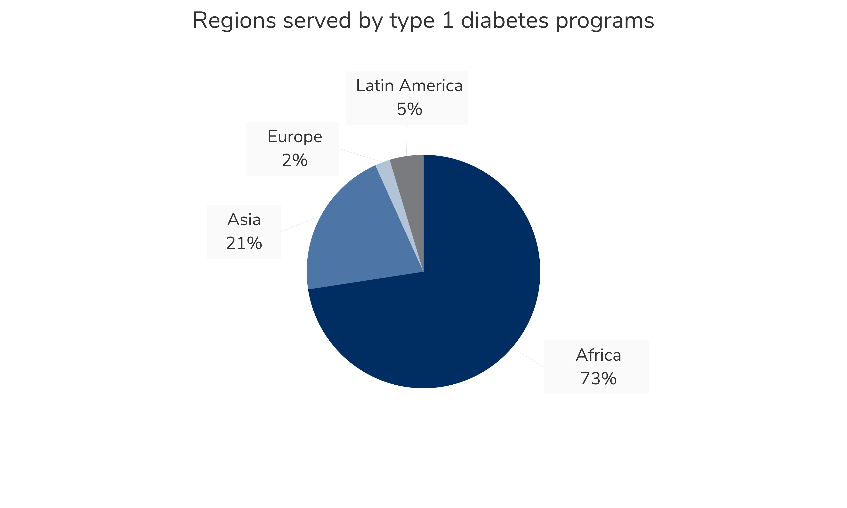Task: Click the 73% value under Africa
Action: click(598, 379)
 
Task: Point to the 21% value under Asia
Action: click(244, 243)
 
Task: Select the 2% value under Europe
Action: click(295, 160)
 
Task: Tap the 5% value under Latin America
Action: click(409, 109)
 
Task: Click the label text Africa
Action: click(598, 355)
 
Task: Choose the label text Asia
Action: click(244, 220)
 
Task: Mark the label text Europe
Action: click(295, 137)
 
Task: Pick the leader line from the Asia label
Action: click(300, 224)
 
